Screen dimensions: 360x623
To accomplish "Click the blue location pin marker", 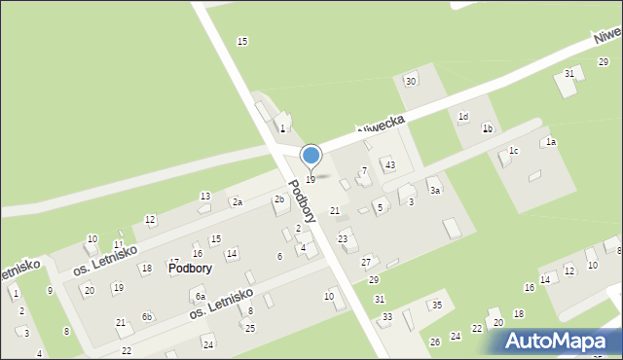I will point(311,157).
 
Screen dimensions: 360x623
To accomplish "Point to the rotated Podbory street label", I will point(301,201).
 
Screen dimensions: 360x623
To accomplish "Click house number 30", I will point(411,81).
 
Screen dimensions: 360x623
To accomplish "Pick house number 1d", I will point(463,117).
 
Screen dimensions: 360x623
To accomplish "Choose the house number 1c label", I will point(513,151).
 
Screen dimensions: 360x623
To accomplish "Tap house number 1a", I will point(550,142).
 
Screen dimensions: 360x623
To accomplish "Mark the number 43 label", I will point(389,164).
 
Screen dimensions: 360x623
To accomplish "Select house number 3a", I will point(436,191).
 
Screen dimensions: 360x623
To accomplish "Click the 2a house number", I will point(237,202).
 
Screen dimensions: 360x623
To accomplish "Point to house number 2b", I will point(279,199).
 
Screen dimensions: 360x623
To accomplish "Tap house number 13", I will point(204,197).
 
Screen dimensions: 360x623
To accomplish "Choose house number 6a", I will point(200,297).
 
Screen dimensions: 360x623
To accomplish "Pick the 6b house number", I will point(147,317).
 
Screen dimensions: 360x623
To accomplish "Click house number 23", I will point(343,238).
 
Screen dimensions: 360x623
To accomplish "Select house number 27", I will point(366,262).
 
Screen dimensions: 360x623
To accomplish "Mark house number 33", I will point(387,317).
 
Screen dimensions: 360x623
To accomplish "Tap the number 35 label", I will point(437,306).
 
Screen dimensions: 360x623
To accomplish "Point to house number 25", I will point(250,327).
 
